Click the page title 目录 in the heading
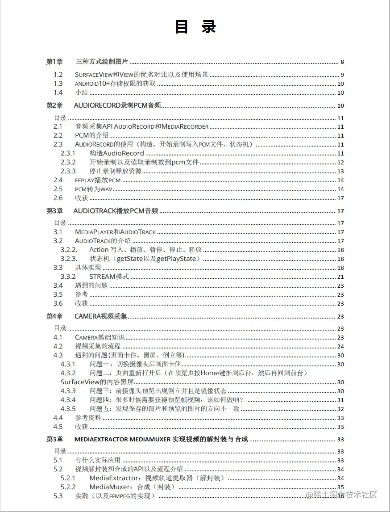(195, 27)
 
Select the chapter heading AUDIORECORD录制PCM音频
(117, 106)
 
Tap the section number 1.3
(58, 84)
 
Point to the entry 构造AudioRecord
(116, 153)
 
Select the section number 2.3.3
(68, 171)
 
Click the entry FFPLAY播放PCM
(98, 180)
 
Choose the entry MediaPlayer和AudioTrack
(115, 232)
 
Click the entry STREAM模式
(109, 277)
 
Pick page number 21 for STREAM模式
(340, 277)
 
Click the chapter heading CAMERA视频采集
(101, 316)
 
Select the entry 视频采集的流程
(98, 346)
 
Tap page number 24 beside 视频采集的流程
(340, 347)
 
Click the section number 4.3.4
(68, 400)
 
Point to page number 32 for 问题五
(340, 409)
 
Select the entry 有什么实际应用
(98, 460)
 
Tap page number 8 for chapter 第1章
(342, 62)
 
